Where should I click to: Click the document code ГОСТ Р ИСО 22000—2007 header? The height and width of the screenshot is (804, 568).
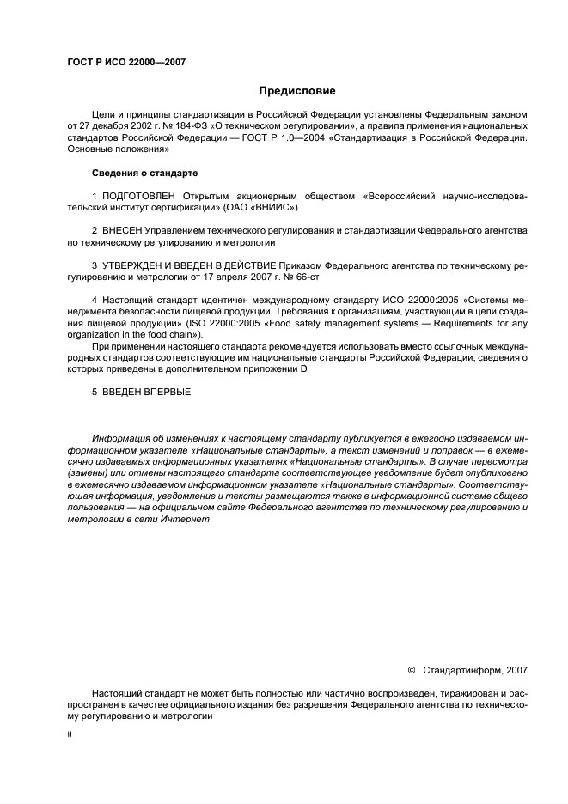[125, 62]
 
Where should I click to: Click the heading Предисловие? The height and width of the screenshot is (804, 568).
[296, 90]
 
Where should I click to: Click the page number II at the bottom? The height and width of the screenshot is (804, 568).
[70, 735]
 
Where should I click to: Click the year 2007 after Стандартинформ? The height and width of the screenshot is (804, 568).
[516, 669]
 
